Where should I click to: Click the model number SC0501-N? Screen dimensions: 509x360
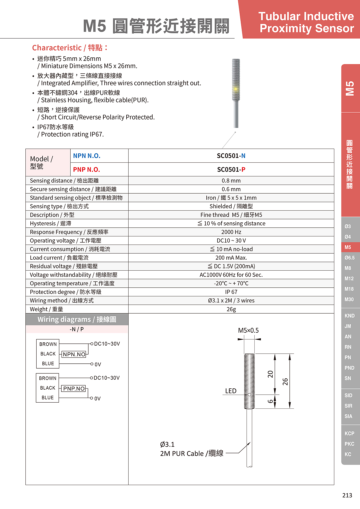click(231, 156)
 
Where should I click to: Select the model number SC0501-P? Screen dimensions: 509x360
click(231, 169)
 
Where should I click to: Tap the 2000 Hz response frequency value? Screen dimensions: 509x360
click(231, 232)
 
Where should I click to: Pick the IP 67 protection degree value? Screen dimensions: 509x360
click(231, 292)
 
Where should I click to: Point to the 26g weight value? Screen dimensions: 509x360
click(231, 309)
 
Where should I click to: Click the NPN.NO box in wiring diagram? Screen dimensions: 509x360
click(74, 354)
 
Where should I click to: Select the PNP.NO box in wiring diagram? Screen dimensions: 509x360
click(74, 389)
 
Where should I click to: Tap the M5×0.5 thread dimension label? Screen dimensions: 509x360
click(248, 330)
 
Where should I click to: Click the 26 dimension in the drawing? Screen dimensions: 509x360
click(285, 382)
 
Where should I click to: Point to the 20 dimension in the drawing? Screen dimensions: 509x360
click(270, 374)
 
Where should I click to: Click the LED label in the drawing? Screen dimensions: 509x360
click(231, 391)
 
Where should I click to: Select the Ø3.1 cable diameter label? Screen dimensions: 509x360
click(167, 444)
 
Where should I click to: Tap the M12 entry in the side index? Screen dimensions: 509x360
click(349, 279)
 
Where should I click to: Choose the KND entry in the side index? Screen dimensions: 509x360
click(349, 316)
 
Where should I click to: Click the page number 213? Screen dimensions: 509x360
click(347, 495)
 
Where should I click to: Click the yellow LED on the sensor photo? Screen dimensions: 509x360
click(236, 89)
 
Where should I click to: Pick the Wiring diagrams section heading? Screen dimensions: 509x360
click(77, 319)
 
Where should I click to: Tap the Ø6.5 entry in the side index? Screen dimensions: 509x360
click(349, 258)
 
